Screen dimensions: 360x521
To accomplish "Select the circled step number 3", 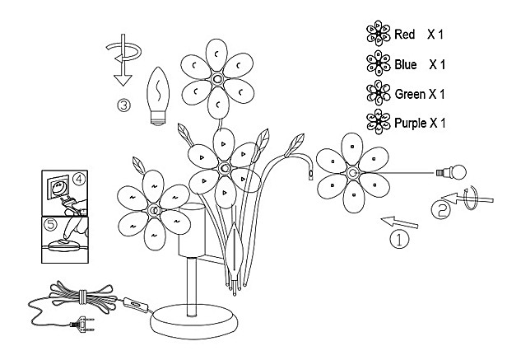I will [123, 104].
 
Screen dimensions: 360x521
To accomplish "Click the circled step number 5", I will [50, 222].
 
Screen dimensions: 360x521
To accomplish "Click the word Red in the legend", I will [404, 35].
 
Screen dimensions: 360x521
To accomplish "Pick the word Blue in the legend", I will [406, 64].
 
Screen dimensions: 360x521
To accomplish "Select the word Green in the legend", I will [409, 94].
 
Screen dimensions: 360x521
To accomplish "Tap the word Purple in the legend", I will [410, 124].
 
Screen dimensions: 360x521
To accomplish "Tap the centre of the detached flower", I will [351, 173].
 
